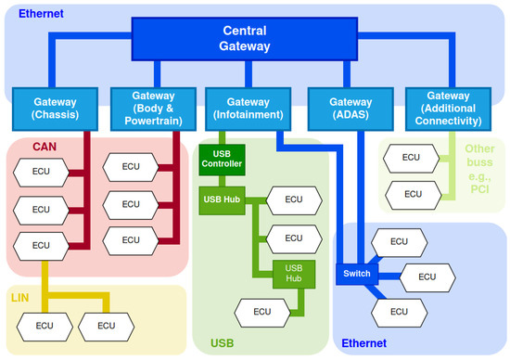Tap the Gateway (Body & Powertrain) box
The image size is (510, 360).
tap(151, 107)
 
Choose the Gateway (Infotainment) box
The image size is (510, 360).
tap(249, 107)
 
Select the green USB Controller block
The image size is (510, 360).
tap(222, 158)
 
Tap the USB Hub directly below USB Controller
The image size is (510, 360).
tap(222, 199)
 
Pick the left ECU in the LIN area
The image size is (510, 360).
tap(45, 326)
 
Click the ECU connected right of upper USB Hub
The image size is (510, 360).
tap(294, 199)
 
